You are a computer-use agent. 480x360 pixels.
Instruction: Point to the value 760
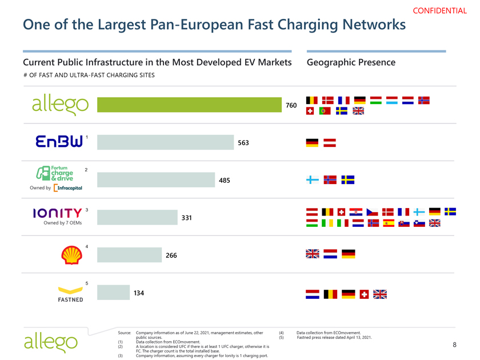pos(291,106)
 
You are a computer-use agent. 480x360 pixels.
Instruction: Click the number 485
pos(224,181)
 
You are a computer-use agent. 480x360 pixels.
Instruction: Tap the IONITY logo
pos(57,213)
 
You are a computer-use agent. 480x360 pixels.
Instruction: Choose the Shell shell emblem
pos(71,255)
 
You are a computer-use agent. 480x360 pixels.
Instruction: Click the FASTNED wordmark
pos(70,299)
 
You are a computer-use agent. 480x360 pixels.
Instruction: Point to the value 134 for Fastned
pos(138,293)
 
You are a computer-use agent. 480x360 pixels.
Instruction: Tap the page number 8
pos(454,345)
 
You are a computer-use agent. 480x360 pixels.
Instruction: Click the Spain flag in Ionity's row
pos(389,223)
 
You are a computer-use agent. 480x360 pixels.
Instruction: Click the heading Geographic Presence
pos(351,62)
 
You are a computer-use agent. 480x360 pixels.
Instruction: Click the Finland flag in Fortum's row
pos(313,180)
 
